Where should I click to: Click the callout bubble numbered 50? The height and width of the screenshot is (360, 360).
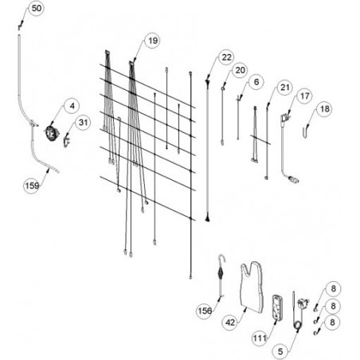pyautogui.click(x=37, y=9)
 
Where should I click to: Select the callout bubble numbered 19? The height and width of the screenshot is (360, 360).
pyautogui.click(x=153, y=41)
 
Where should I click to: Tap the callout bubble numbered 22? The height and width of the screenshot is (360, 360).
pyautogui.click(x=226, y=57)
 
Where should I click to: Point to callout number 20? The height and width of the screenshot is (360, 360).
pyautogui.click(x=240, y=70)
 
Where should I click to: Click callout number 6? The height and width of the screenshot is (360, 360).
pyautogui.click(x=256, y=82)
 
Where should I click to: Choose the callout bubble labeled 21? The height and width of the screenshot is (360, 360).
pyautogui.click(x=284, y=88)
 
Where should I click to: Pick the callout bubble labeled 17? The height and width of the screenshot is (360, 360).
pyautogui.click(x=304, y=96)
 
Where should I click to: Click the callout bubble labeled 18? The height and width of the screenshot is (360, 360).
pyautogui.click(x=324, y=109)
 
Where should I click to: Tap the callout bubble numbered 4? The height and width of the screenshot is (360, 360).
pyautogui.click(x=72, y=106)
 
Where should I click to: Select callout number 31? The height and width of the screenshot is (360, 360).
pyautogui.click(x=83, y=123)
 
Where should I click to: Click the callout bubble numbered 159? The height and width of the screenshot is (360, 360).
pyautogui.click(x=32, y=186)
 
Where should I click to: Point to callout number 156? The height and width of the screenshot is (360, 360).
pyautogui.click(x=205, y=311)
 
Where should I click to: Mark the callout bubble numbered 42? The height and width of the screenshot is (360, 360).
pyautogui.click(x=230, y=323)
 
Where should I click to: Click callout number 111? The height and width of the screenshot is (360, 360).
pyautogui.click(x=260, y=338)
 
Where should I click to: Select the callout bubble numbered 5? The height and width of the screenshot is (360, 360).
pyautogui.click(x=280, y=351)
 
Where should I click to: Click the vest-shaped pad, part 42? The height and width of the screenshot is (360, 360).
pyautogui.click(x=252, y=288)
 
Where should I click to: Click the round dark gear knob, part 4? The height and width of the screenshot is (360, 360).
pyautogui.click(x=51, y=132)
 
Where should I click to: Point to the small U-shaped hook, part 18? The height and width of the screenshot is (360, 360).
pyautogui.click(x=306, y=132)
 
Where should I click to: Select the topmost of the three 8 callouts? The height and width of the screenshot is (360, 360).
pyautogui.click(x=333, y=289)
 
